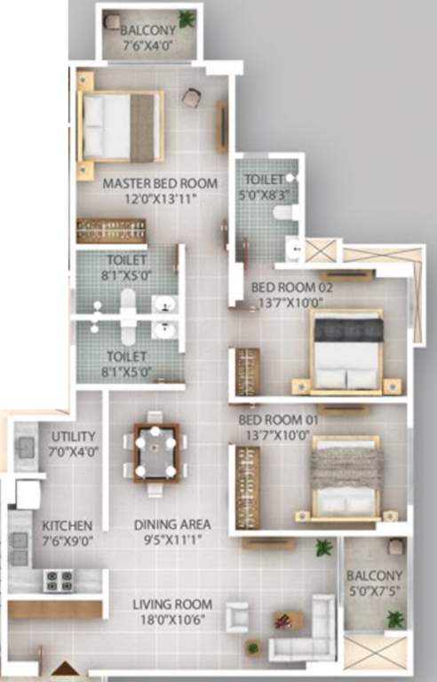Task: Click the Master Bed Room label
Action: pyautogui.click(x=160, y=184)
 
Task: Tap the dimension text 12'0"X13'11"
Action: pyautogui.click(x=160, y=199)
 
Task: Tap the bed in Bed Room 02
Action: pyautogui.click(x=347, y=352)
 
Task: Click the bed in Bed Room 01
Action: pyautogui.click(x=346, y=478)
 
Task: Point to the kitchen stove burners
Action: pyautogui.click(x=60, y=581)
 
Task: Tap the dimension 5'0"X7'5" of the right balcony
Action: pyautogui.click(x=375, y=591)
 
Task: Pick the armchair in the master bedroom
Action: pyautogui.click(x=190, y=98)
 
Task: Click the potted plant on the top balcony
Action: pyautogui.click(x=187, y=19)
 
